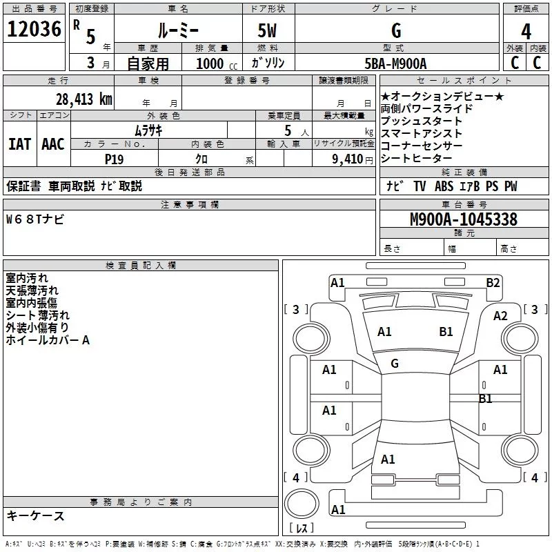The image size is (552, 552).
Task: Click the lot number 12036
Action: pyautogui.click(x=32, y=31)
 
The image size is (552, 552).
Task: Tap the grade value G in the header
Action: pyautogui.click(x=395, y=31)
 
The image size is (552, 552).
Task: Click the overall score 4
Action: pyautogui.click(x=526, y=31)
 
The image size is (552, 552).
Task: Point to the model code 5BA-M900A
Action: pyautogui.click(x=395, y=63)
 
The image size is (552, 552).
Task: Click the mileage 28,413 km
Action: pyautogui.click(x=84, y=99)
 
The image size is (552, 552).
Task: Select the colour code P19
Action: pyautogui.click(x=114, y=158)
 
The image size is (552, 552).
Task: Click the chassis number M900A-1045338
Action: pyautogui.click(x=464, y=219)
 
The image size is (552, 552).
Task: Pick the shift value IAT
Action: pyautogui.click(x=19, y=144)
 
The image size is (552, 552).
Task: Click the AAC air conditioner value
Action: pyautogui.click(x=53, y=144)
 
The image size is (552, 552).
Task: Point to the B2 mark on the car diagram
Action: pyautogui.click(x=493, y=282)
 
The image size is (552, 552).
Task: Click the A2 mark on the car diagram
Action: pyautogui.click(x=500, y=316)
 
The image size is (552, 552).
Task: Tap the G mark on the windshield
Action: pyautogui.click(x=395, y=364)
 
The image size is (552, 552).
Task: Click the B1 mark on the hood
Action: pyautogui.click(x=446, y=332)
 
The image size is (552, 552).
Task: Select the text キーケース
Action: pyautogui.click(x=35, y=516)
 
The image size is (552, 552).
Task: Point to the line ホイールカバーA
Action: pyautogui.click(x=48, y=339)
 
